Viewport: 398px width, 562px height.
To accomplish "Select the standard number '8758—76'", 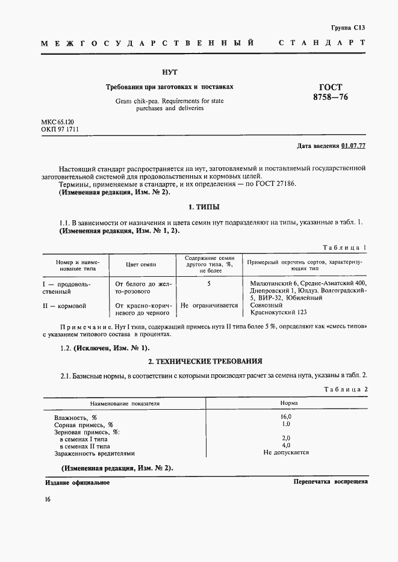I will pyautogui.click(x=330, y=97).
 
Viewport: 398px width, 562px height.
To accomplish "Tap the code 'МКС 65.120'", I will pyautogui.click(x=58, y=122).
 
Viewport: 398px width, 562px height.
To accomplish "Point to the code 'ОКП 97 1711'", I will pyautogui.click(x=60, y=129).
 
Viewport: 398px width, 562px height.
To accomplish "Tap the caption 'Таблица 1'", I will pyautogui.click(x=344, y=248).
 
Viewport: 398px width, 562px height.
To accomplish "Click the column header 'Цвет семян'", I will pyautogui.click(x=140, y=264).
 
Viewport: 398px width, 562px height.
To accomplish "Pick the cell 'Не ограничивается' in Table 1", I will pyautogui.click(x=209, y=306).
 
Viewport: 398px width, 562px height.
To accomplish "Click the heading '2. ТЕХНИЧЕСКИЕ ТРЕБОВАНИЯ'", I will pyautogui.click(x=205, y=362).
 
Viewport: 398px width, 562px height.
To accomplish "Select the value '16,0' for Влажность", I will pyautogui.click(x=286, y=416).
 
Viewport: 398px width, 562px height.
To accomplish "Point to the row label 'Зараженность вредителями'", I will pyautogui.click(x=95, y=453).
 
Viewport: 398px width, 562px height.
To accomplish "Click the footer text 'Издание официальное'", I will pyautogui.click(x=77, y=483).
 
